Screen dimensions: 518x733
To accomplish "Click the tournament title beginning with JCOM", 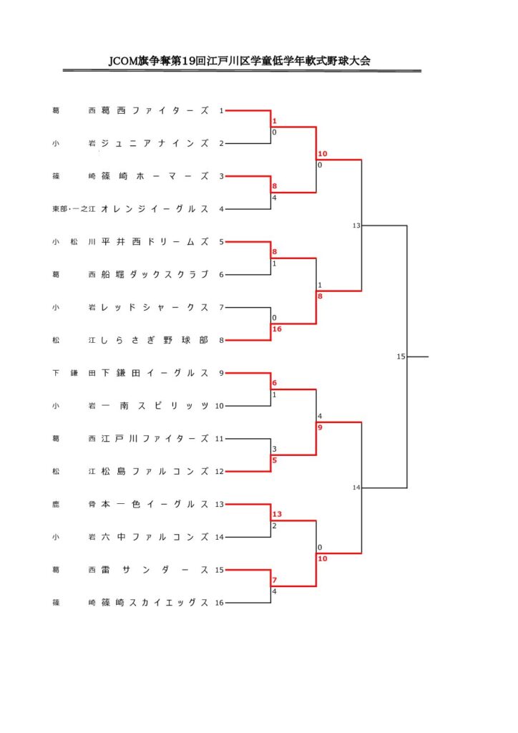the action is point(240,61).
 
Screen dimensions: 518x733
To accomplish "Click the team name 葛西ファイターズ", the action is point(155,111).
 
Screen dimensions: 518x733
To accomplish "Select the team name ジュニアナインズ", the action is point(155,143).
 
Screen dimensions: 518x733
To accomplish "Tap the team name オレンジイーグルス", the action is point(155,209).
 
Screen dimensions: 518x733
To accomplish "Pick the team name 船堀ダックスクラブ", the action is point(155,274).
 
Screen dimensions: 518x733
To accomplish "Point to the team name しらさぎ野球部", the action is point(155,340).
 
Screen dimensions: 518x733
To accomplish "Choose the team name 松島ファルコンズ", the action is point(155,471).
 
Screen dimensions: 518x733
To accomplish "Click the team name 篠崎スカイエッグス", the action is point(155,603).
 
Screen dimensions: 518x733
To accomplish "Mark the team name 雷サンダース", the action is point(155,570).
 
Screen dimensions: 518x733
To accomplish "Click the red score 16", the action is point(277,329).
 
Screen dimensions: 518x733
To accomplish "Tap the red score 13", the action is point(277,514).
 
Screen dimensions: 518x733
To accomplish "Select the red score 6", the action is point(275,383).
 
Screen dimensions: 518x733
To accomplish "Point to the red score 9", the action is point(320,427).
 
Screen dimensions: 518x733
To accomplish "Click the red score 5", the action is point(275,460).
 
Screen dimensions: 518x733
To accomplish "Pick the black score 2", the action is point(275,525).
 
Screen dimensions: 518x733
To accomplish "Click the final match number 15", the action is point(401,356).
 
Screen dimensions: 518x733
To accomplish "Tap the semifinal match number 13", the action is point(356,225).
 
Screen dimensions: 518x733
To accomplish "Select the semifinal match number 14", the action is point(356,487).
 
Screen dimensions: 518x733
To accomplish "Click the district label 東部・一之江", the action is point(74,209).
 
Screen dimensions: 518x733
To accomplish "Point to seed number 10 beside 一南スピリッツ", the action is point(219,406).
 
